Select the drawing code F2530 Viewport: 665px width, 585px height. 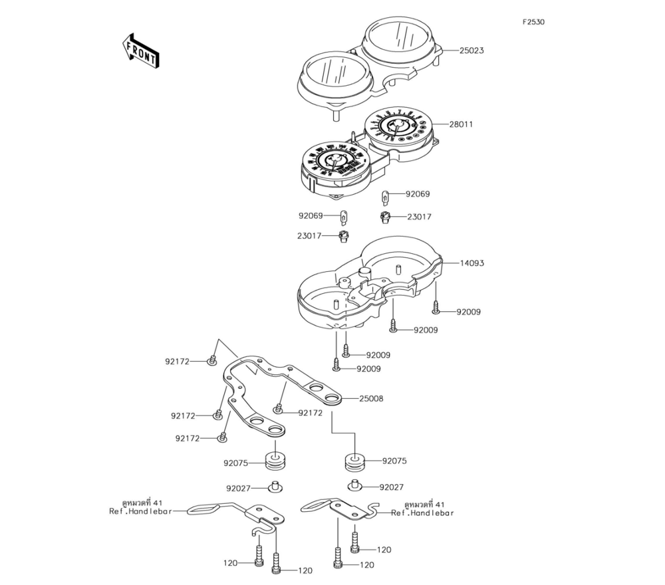pyautogui.click(x=533, y=22)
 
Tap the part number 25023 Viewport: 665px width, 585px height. pyautogui.click(x=471, y=51)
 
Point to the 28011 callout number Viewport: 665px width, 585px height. pyautogui.click(x=461, y=124)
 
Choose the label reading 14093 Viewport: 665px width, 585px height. pyautogui.click(x=471, y=263)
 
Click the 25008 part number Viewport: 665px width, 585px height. pyautogui.click(x=371, y=399)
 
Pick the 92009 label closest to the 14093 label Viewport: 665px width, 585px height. pyautogui.click(x=468, y=312)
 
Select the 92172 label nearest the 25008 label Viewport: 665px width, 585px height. pyautogui.click(x=310, y=413)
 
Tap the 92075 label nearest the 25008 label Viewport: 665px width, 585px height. pyautogui.click(x=394, y=461)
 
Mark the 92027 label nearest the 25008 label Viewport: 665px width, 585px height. pyautogui.click(x=392, y=487)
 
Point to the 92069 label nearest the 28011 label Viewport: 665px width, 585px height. pyautogui.click(x=418, y=195)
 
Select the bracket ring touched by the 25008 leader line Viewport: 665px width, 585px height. pyautogui.click(x=331, y=399)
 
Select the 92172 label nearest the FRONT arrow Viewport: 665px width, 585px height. pyautogui.click(x=178, y=362)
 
